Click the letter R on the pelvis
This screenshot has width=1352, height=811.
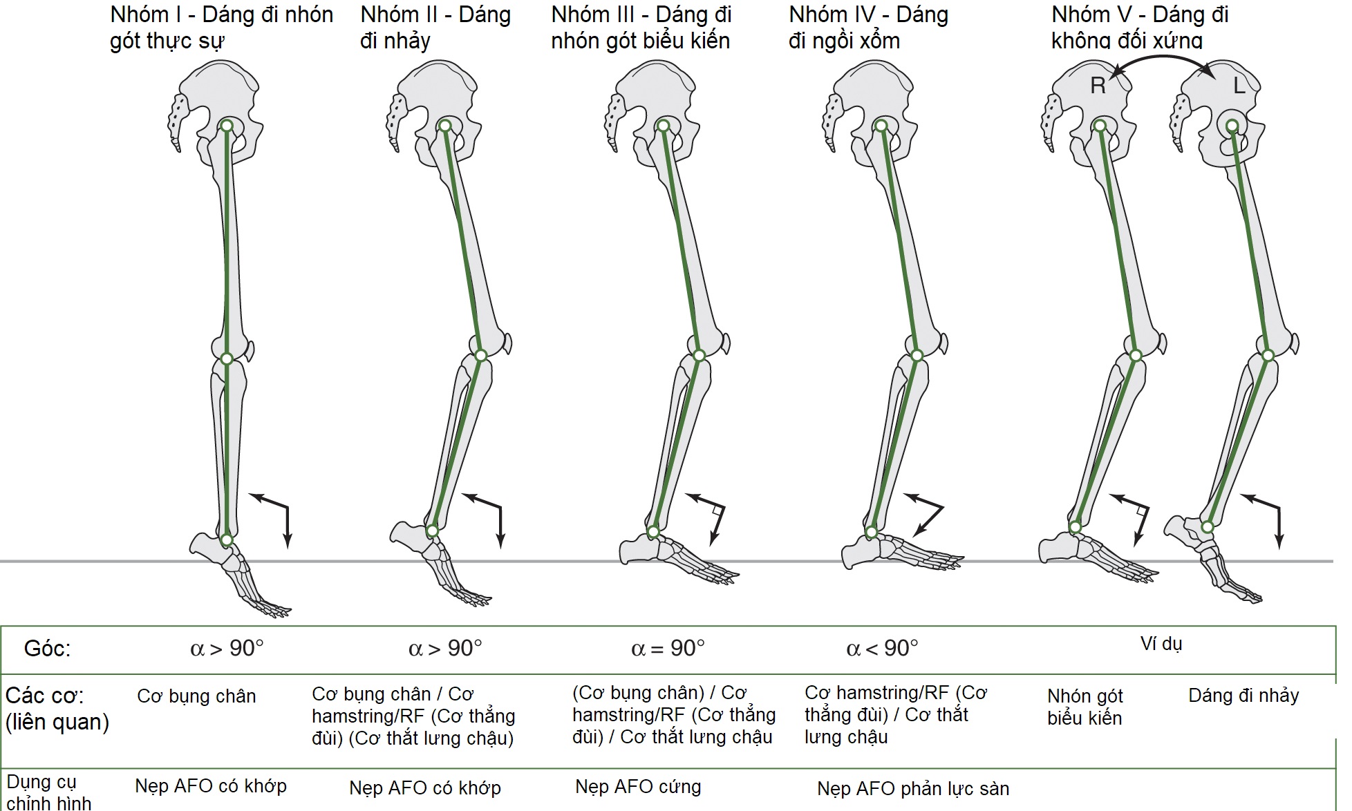(x=1098, y=86)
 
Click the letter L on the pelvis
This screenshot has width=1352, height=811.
(x=1239, y=86)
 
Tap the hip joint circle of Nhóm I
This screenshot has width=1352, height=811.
(x=226, y=125)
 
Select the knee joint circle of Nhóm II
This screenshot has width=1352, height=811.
(x=481, y=356)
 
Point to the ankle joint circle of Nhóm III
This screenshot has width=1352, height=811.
(x=653, y=532)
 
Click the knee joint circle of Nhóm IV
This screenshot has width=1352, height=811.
(x=917, y=356)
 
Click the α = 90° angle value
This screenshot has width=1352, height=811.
(x=668, y=648)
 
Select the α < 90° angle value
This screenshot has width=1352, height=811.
(x=882, y=648)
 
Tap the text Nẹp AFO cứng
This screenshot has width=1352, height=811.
(x=638, y=786)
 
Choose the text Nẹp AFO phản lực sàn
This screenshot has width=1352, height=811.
(x=913, y=788)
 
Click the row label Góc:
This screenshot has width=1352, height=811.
(x=47, y=648)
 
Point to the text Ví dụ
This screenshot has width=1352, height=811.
(x=1161, y=644)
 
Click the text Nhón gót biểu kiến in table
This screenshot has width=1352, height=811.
(x=1085, y=707)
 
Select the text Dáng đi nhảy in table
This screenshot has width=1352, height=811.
(x=1243, y=695)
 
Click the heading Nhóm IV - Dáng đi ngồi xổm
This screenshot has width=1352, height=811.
(x=868, y=28)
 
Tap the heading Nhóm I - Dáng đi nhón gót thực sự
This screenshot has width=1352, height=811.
(x=221, y=28)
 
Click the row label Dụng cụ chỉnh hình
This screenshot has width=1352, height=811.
(x=48, y=792)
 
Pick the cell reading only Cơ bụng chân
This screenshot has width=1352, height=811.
(x=196, y=696)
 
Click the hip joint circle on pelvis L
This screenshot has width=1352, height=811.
(x=1232, y=125)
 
